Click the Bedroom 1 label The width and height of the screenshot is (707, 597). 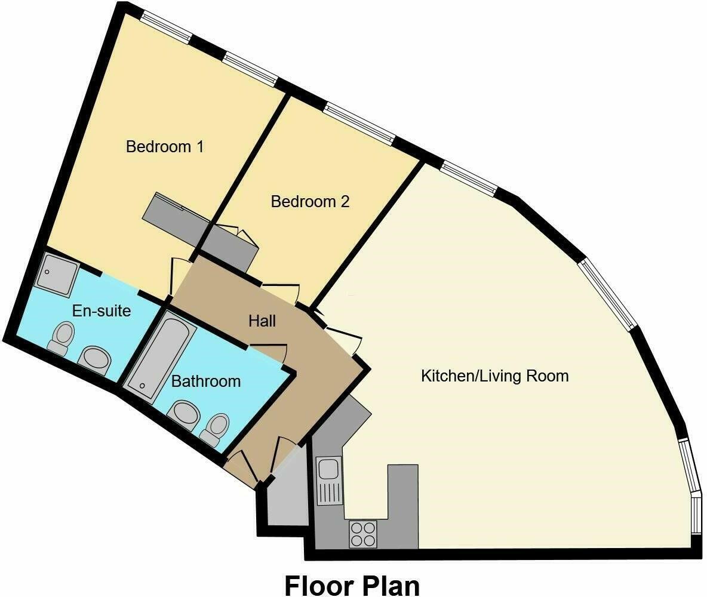click(165, 146)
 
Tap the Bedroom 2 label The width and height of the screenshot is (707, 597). click(310, 202)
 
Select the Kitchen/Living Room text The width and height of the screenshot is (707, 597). click(494, 376)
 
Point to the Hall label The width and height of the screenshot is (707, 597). click(262, 321)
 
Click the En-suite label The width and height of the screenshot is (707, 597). click(101, 310)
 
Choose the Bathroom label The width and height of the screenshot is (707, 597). click(206, 381)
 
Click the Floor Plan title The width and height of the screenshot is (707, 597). click(352, 585)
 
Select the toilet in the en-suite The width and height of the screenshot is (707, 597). click(62, 338)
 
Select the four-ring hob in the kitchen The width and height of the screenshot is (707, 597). click(363, 534)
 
